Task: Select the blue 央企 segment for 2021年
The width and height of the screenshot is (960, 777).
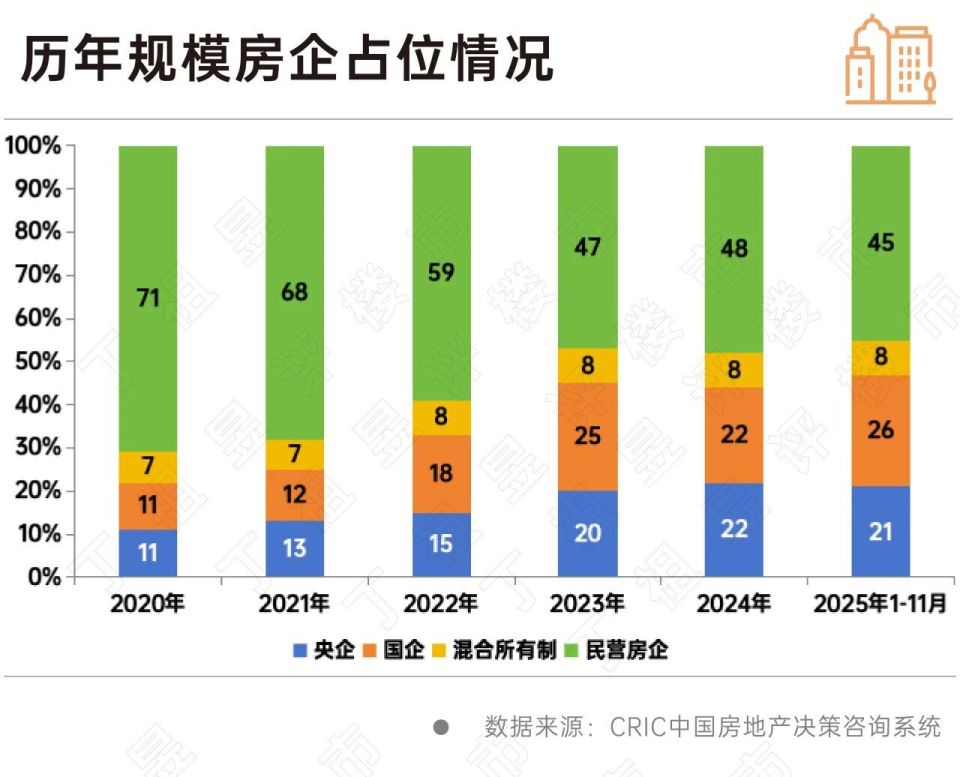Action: click(x=294, y=548)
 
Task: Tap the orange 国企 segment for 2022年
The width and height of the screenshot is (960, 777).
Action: click(x=441, y=473)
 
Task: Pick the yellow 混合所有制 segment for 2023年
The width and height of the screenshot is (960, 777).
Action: click(x=588, y=365)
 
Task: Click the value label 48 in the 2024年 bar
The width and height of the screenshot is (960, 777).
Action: click(x=734, y=249)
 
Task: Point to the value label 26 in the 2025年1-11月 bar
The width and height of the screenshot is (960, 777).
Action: click(x=881, y=430)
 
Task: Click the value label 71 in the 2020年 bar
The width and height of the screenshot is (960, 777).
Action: click(x=148, y=298)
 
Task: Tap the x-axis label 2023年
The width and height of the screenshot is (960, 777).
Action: click(x=588, y=604)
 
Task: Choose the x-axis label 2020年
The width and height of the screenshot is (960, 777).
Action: click(x=148, y=604)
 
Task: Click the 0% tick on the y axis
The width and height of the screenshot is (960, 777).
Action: click(x=44, y=577)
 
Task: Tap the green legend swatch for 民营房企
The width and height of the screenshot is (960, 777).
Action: click(x=575, y=651)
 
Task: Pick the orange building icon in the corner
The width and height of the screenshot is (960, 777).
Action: click(x=889, y=60)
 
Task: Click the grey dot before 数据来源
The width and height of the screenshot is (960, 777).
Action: click(x=441, y=726)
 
